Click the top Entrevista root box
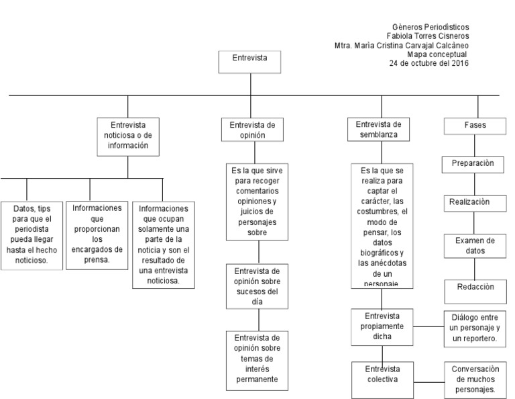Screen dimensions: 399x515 (x=249, y=61)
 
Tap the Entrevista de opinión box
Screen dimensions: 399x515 (x=252, y=130)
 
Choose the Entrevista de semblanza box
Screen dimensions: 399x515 (x=379, y=129)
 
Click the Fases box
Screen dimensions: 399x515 (x=475, y=126)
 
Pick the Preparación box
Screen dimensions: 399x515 (x=473, y=164)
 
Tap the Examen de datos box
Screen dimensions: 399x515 (x=475, y=246)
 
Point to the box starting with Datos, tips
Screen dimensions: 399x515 (x=31, y=235)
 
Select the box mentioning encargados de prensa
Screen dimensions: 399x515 (x=97, y=234)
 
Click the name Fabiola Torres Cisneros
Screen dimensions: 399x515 (x=428, y=36)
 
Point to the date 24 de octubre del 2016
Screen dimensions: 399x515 (x=428, y=64)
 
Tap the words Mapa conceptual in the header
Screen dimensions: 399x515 (x=436, y=54)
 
